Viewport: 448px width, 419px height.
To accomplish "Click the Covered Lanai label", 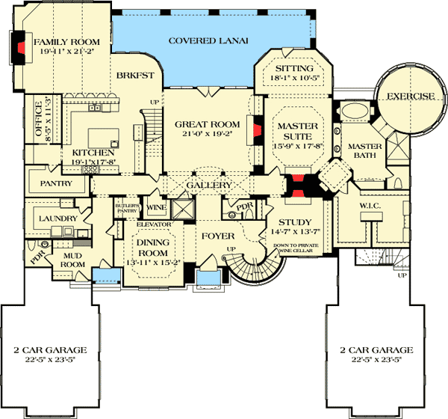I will coord(208,40).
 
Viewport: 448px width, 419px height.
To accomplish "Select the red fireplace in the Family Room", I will coord(21,49).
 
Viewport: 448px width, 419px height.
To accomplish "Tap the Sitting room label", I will coord(293,67).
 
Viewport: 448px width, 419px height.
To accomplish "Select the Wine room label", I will coord(157,207).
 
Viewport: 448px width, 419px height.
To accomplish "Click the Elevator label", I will coord(155,224).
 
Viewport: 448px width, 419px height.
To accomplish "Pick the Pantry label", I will coord(56,183).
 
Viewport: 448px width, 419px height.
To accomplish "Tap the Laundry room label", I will coord(58,218).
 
